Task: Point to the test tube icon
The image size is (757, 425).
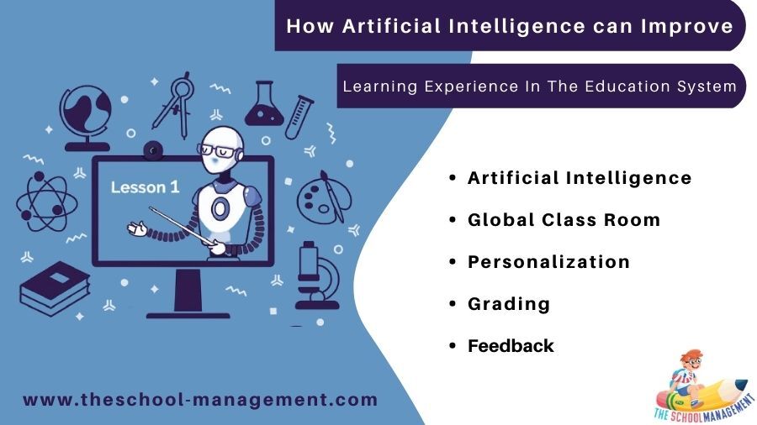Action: tap(299, 117)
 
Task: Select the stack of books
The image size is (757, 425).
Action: tap(55, 288)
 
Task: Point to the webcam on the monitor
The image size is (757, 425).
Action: tap(153, 151)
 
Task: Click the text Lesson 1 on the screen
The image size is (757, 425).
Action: tap(145, 187)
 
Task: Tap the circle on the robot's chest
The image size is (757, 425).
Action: tap(220, 208)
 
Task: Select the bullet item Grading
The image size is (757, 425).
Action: tap(509, 304)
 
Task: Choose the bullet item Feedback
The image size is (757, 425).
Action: tap(511, 345)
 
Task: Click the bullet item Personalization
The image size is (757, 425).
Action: tap(548, 262)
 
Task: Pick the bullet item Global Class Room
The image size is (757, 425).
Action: tap(564, 220)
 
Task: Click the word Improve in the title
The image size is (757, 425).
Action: tap(687, 26)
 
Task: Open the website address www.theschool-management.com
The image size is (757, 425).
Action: tap(200, 400)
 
